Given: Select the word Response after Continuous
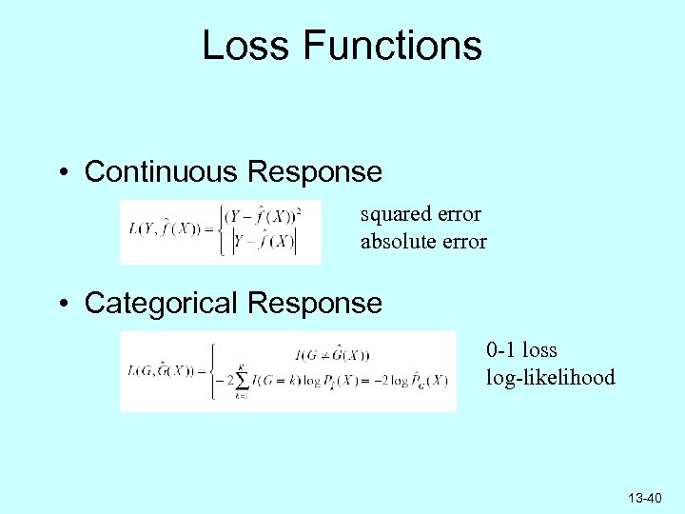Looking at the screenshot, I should (314, 172).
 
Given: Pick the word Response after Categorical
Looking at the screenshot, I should (314, 304).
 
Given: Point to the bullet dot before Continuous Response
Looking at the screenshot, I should (62, 173).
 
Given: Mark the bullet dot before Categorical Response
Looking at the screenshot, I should (62, 305).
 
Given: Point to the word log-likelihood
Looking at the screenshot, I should (551, 378).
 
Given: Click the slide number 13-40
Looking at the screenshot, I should (645, 499).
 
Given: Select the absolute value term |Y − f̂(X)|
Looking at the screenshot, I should (265, 242).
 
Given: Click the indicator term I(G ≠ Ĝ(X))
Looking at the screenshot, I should (333, 355).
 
